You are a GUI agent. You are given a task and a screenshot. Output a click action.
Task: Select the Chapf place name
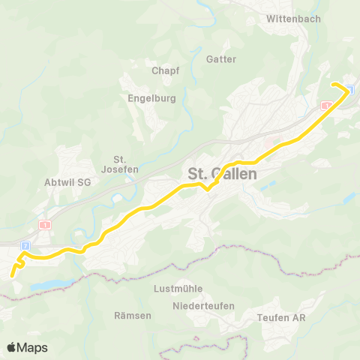[x=166, y=70]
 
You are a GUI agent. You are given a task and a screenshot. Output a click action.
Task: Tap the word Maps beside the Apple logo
[x=34, y=347]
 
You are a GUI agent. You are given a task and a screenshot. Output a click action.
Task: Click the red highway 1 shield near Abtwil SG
[x=46, y=224]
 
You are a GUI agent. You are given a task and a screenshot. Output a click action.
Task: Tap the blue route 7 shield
[x=25, y=245]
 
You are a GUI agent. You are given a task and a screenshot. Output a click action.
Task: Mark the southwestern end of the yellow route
[x=12, y=276]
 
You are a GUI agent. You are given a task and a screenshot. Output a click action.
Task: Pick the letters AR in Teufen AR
[x=298, y=318]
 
